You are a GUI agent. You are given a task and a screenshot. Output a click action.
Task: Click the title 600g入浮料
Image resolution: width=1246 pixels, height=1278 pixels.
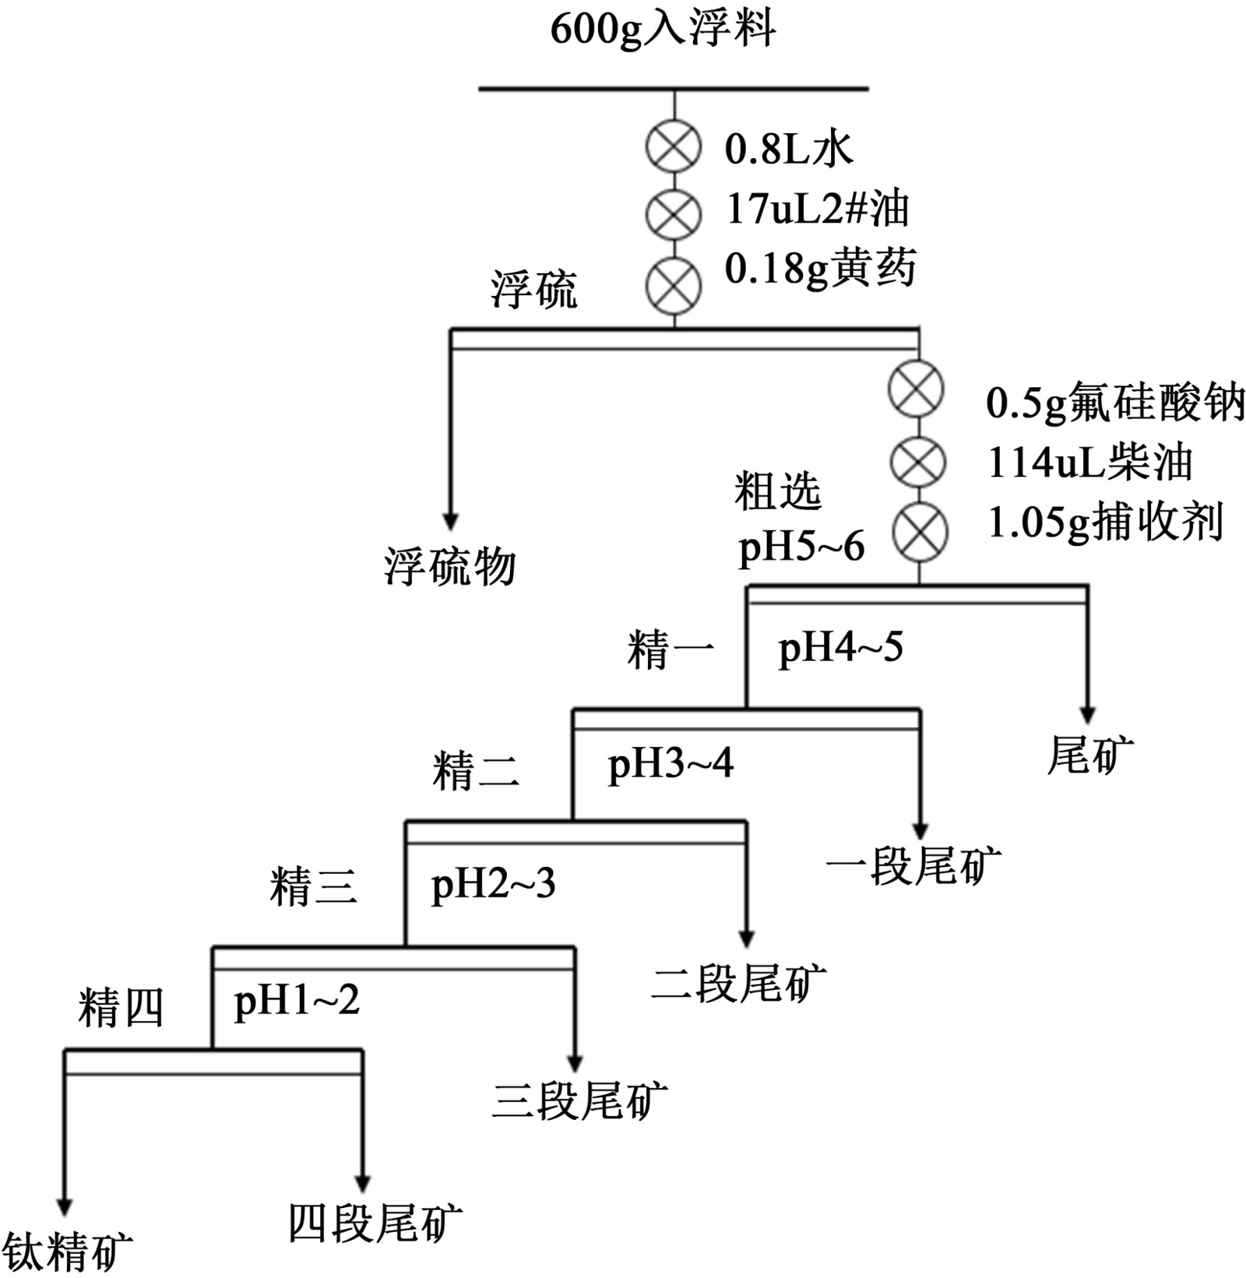pyautogui.click(x=663, y=31)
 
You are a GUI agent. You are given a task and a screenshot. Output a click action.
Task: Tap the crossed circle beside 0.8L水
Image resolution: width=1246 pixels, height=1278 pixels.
pyautogui.click(x=674, y=146)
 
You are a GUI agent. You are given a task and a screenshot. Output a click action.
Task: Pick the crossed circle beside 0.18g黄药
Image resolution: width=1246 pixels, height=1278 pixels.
pyautogui.click(x=674, y=285)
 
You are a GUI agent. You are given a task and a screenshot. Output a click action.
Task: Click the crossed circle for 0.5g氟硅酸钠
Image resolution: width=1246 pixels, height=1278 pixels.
pyautogui.click(x=917, y=389)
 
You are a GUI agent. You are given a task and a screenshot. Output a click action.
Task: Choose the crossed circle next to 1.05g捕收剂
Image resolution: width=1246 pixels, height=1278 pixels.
pyautogui.click(x=920, y=533)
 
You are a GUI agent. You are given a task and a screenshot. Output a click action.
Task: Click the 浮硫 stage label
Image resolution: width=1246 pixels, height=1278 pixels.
pyautogui.click(x=533, y=290)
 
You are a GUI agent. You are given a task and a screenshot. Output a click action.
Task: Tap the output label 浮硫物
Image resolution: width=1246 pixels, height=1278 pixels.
pyautogui.click(x=450, y=565)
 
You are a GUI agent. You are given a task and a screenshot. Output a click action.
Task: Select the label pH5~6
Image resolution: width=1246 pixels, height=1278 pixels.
pyautogui.click(x=801, y=547)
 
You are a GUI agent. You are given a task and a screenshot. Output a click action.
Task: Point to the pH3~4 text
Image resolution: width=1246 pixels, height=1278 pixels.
pyautogui.click(x=671, y=764)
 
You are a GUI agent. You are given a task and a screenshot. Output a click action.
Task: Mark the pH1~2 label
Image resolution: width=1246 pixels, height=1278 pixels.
pyautogui.click(x=297, y=1001)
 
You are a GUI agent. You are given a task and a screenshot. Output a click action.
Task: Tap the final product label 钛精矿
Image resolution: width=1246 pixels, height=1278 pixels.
pyautogui.click(x=67, y=1251)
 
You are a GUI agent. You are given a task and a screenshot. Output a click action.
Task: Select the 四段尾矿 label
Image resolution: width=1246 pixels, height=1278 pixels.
pyautogui.click(x=375, y=1223)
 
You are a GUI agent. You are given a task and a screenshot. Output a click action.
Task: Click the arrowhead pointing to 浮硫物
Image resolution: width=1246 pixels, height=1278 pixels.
pyautogui.click(x=450, y=521)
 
